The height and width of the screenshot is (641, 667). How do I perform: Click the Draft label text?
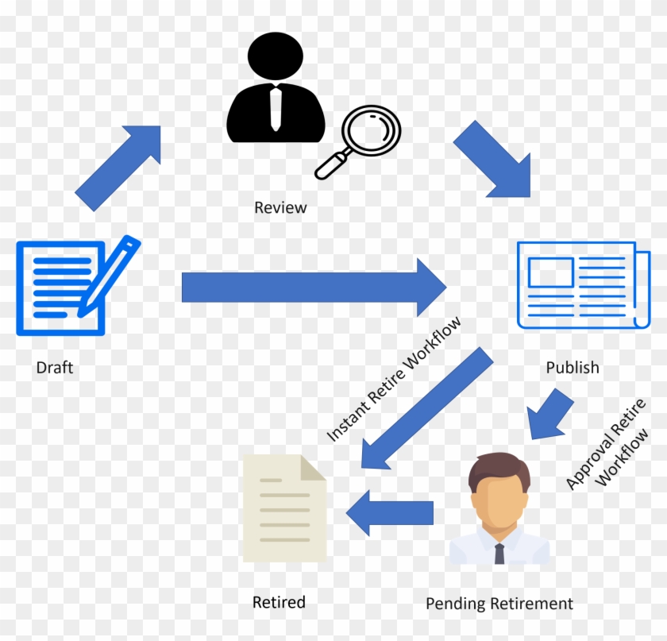coord(55,369)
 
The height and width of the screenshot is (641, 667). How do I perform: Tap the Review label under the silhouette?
coord(280,208)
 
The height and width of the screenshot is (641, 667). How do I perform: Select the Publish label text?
coord(573,368)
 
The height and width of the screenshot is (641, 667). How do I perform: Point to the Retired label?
coord(279,602)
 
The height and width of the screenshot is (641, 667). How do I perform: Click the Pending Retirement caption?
coord(499,604)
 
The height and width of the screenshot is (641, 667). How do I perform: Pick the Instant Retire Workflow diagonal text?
coord(395,379)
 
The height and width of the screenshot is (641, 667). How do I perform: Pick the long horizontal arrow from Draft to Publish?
coord(314,286)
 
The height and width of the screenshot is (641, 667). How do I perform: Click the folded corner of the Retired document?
coord(313,468)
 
